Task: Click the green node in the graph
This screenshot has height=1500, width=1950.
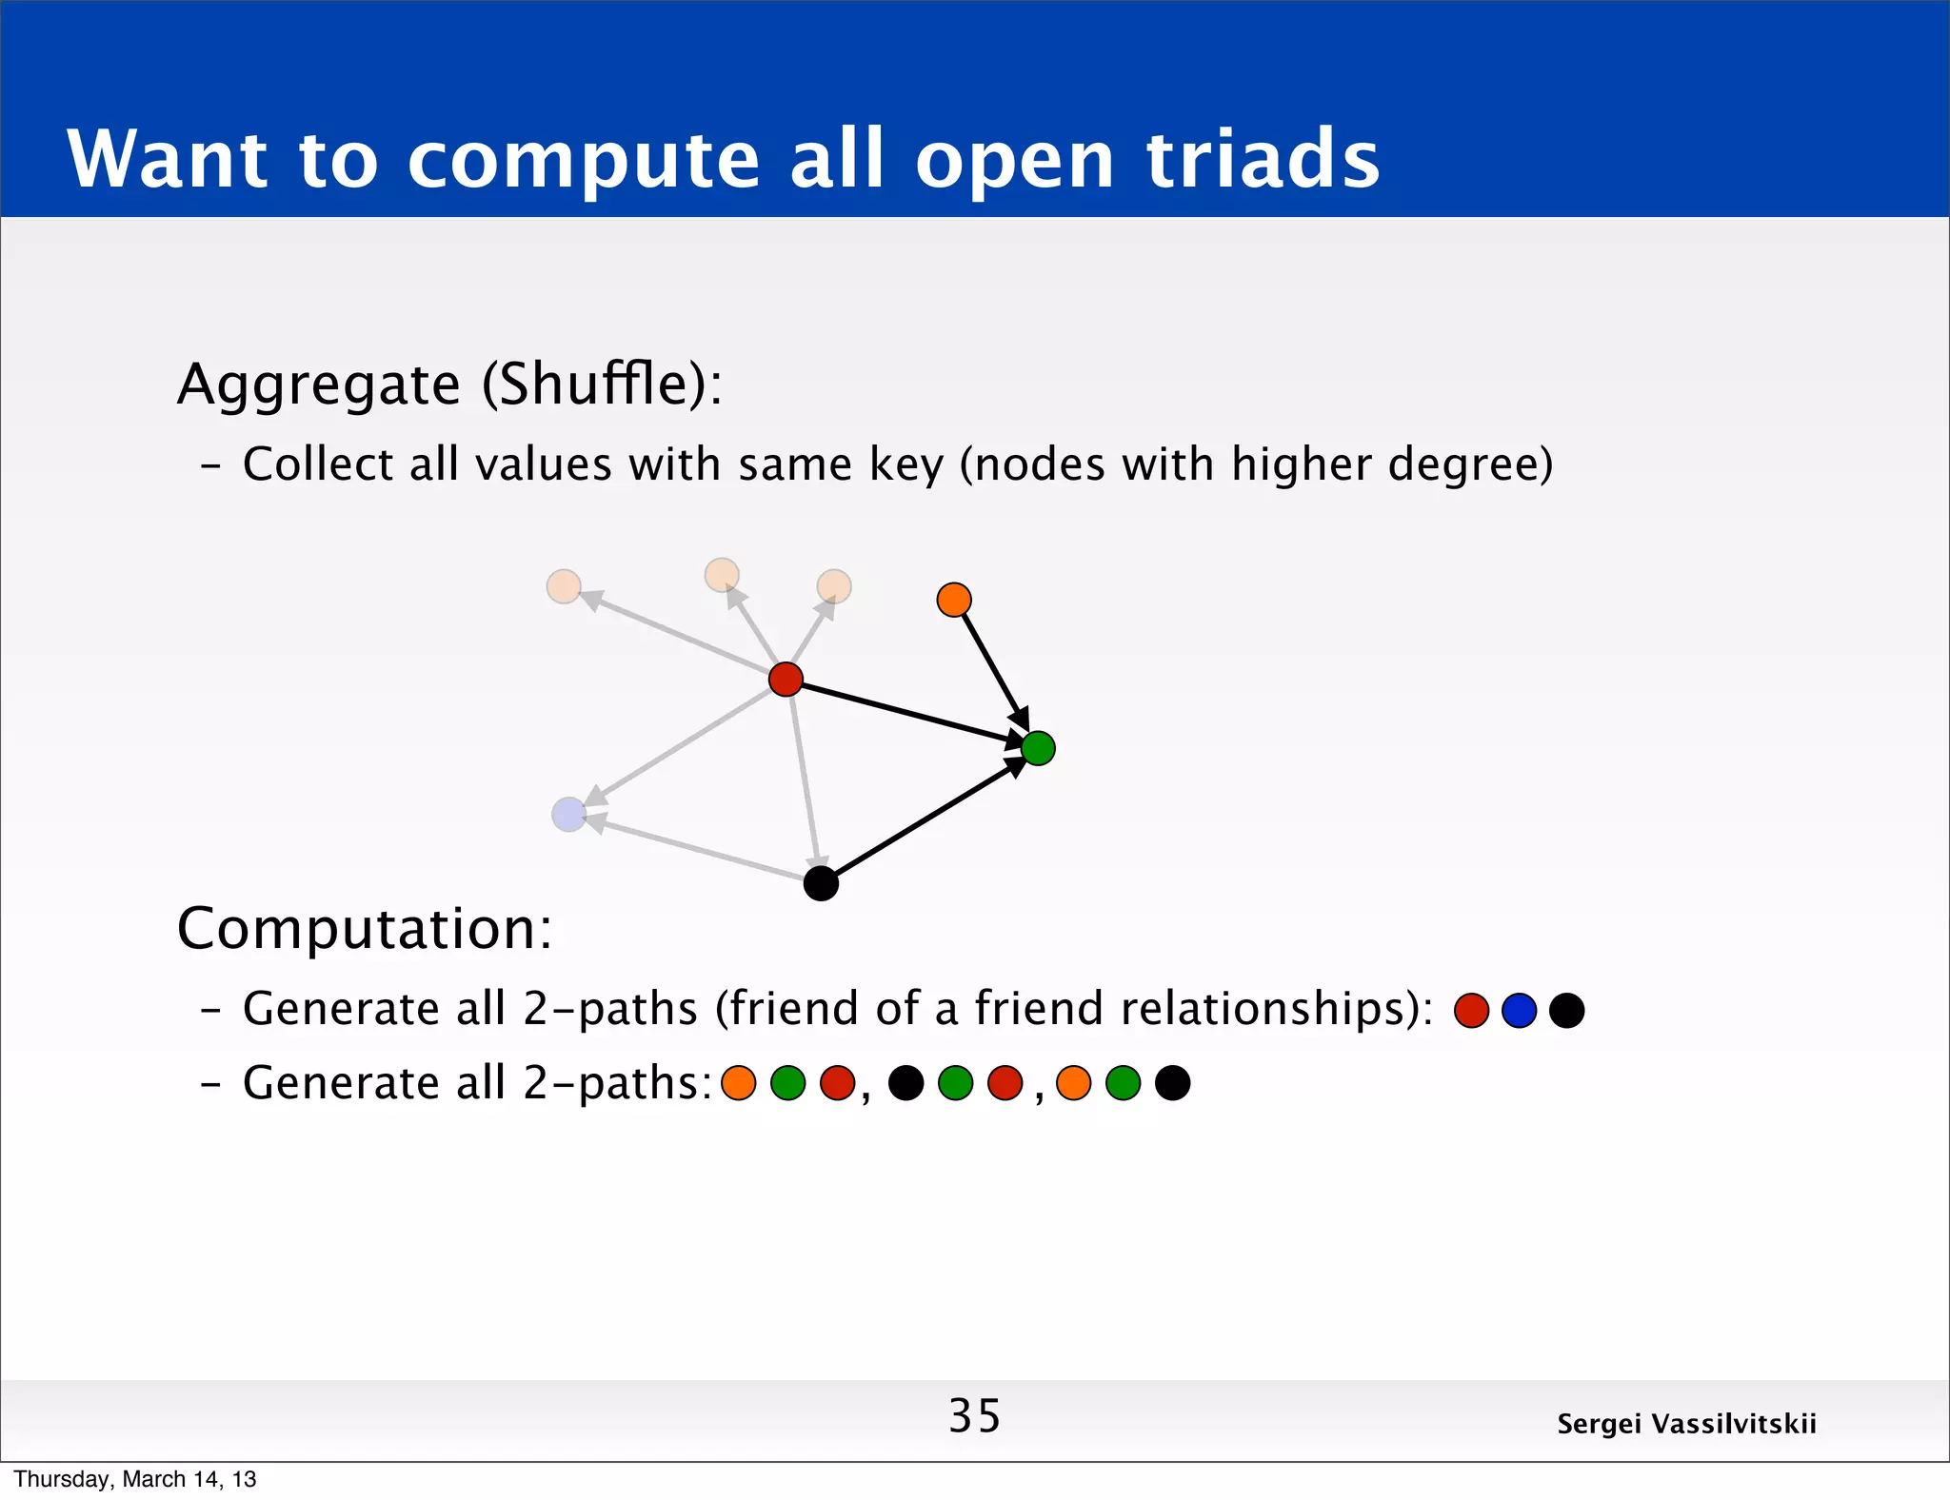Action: coord(1038,748)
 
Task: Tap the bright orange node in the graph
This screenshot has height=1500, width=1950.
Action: coord(954,600)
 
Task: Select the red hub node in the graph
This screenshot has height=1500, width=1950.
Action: coord(786,680)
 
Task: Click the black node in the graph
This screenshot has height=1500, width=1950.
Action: coord(821,883)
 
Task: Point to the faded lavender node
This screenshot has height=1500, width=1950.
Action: coord(568,815)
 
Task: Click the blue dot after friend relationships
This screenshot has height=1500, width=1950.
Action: coord(1519,1011)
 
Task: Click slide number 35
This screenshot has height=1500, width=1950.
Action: coord(974,1416)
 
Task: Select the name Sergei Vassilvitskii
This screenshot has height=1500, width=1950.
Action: coord(1686,1424)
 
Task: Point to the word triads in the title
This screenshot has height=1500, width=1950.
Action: coord(1263,159)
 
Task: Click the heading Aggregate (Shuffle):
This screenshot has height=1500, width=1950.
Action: coord(449,385)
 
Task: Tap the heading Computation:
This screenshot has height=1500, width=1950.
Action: coord(365,929)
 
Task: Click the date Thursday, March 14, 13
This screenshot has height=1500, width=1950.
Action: coord(135,1479)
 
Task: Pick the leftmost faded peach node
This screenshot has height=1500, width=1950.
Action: coord(564,586)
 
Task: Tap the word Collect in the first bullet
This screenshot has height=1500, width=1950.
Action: coord(318,465)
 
